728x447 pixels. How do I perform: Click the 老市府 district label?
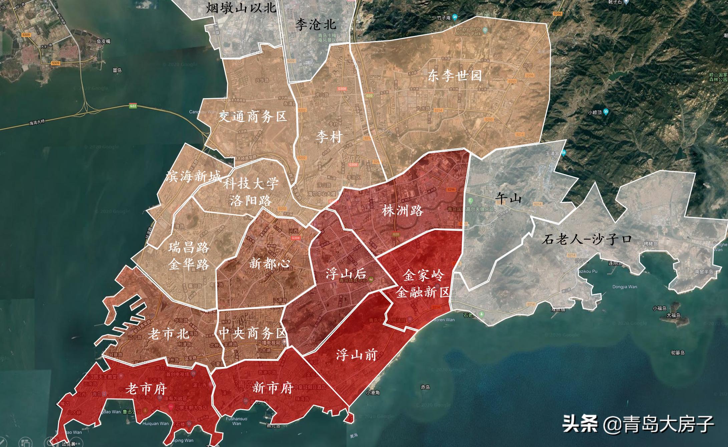tap(146, 389)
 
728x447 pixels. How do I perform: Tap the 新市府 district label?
tap(273, 388)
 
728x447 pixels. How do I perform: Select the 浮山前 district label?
tap(356, 355)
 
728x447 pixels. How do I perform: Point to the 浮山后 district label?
tap(346, 274)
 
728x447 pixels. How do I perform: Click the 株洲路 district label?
tap(403, 211)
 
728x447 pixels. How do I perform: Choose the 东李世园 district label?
tap(455, 76)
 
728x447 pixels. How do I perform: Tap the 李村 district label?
tap(329, 137)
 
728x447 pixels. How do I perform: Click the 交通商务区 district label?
tap(253, 117)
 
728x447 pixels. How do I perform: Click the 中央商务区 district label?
tap(253, 333)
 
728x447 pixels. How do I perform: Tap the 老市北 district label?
tap(168, 334)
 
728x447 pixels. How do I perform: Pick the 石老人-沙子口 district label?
tap(587, 239)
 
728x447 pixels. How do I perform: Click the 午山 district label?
tap(508, 198)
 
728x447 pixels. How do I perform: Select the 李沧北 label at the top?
tap(316, 25)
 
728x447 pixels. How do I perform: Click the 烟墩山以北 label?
tap(241, 7)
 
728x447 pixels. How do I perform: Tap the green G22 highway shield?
tap(133, 106)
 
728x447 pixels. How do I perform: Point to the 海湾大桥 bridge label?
tap(37, 123)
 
